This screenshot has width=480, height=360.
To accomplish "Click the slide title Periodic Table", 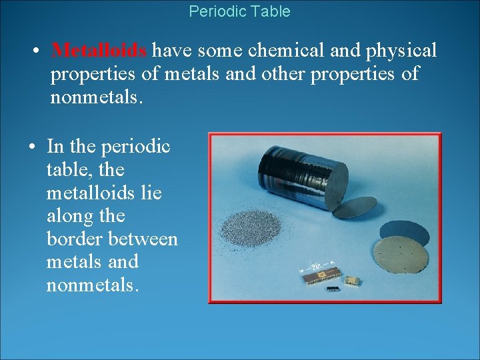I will (239, 11).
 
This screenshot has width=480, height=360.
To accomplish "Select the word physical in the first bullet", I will (401, 51).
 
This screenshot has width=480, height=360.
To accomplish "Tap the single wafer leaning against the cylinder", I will (355, 209).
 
